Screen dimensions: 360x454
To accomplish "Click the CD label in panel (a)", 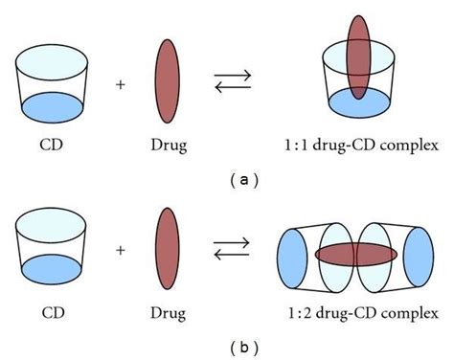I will tap(56, 146).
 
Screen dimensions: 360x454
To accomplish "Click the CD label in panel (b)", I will tap(56, 311).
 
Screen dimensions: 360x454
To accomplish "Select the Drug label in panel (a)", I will tap(166, 146).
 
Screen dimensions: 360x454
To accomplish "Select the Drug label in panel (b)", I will tap(166, 311).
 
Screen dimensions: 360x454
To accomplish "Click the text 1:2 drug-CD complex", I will tap(359, 311).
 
